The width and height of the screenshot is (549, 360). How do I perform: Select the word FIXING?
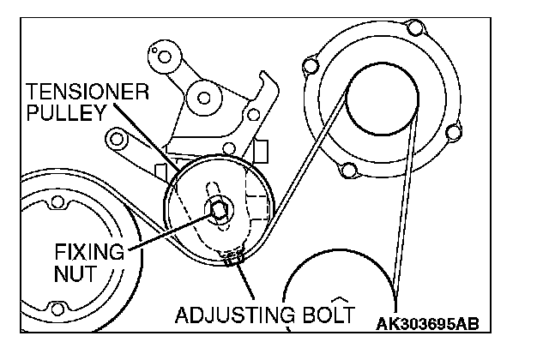(83, 253)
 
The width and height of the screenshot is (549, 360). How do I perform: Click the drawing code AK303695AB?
(426, 325)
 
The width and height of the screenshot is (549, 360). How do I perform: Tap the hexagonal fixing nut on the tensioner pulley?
(217, 208)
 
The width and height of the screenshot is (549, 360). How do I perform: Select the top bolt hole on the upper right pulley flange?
(417, 33)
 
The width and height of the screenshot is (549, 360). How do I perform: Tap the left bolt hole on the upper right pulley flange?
(309, 64)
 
